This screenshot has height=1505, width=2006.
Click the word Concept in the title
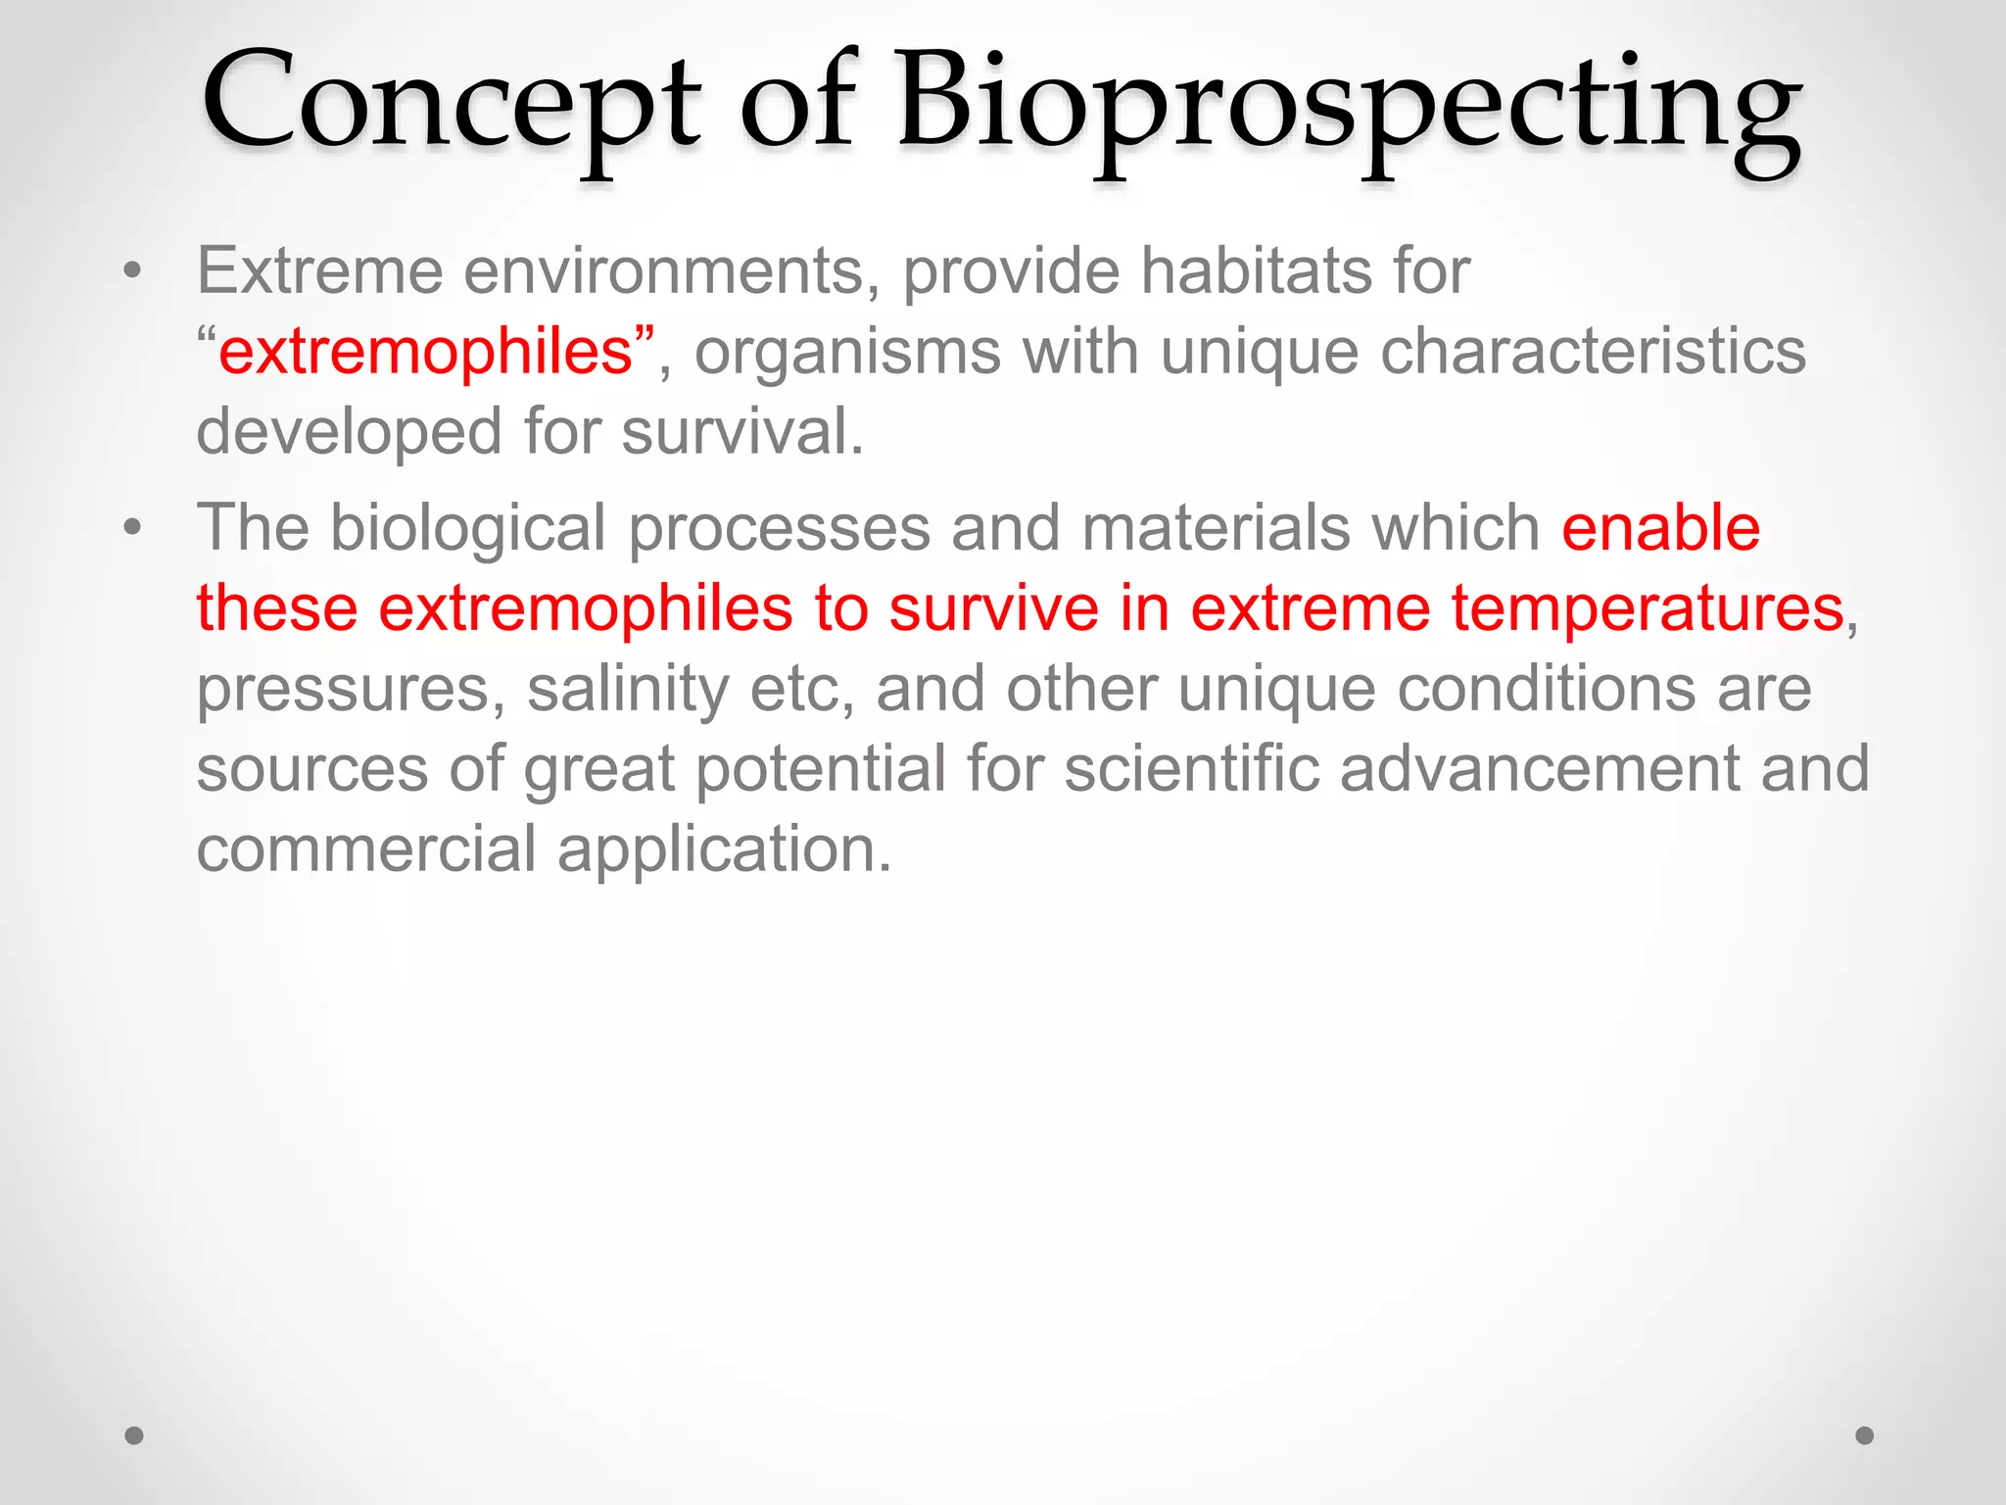[x=451, y=103]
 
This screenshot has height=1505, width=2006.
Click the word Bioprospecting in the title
[x=1347, y=108]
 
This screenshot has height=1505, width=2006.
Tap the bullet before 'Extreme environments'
[x=133, y=271]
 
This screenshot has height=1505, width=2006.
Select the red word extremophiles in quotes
[x=425, y=353]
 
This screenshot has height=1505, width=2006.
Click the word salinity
[x=628, y=690]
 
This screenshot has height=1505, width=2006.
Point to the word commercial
[x=366, y=850]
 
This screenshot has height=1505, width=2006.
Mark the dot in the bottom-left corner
[x=134, y=1435]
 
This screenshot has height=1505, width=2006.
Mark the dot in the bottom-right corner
[x=1865, y=1435]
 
